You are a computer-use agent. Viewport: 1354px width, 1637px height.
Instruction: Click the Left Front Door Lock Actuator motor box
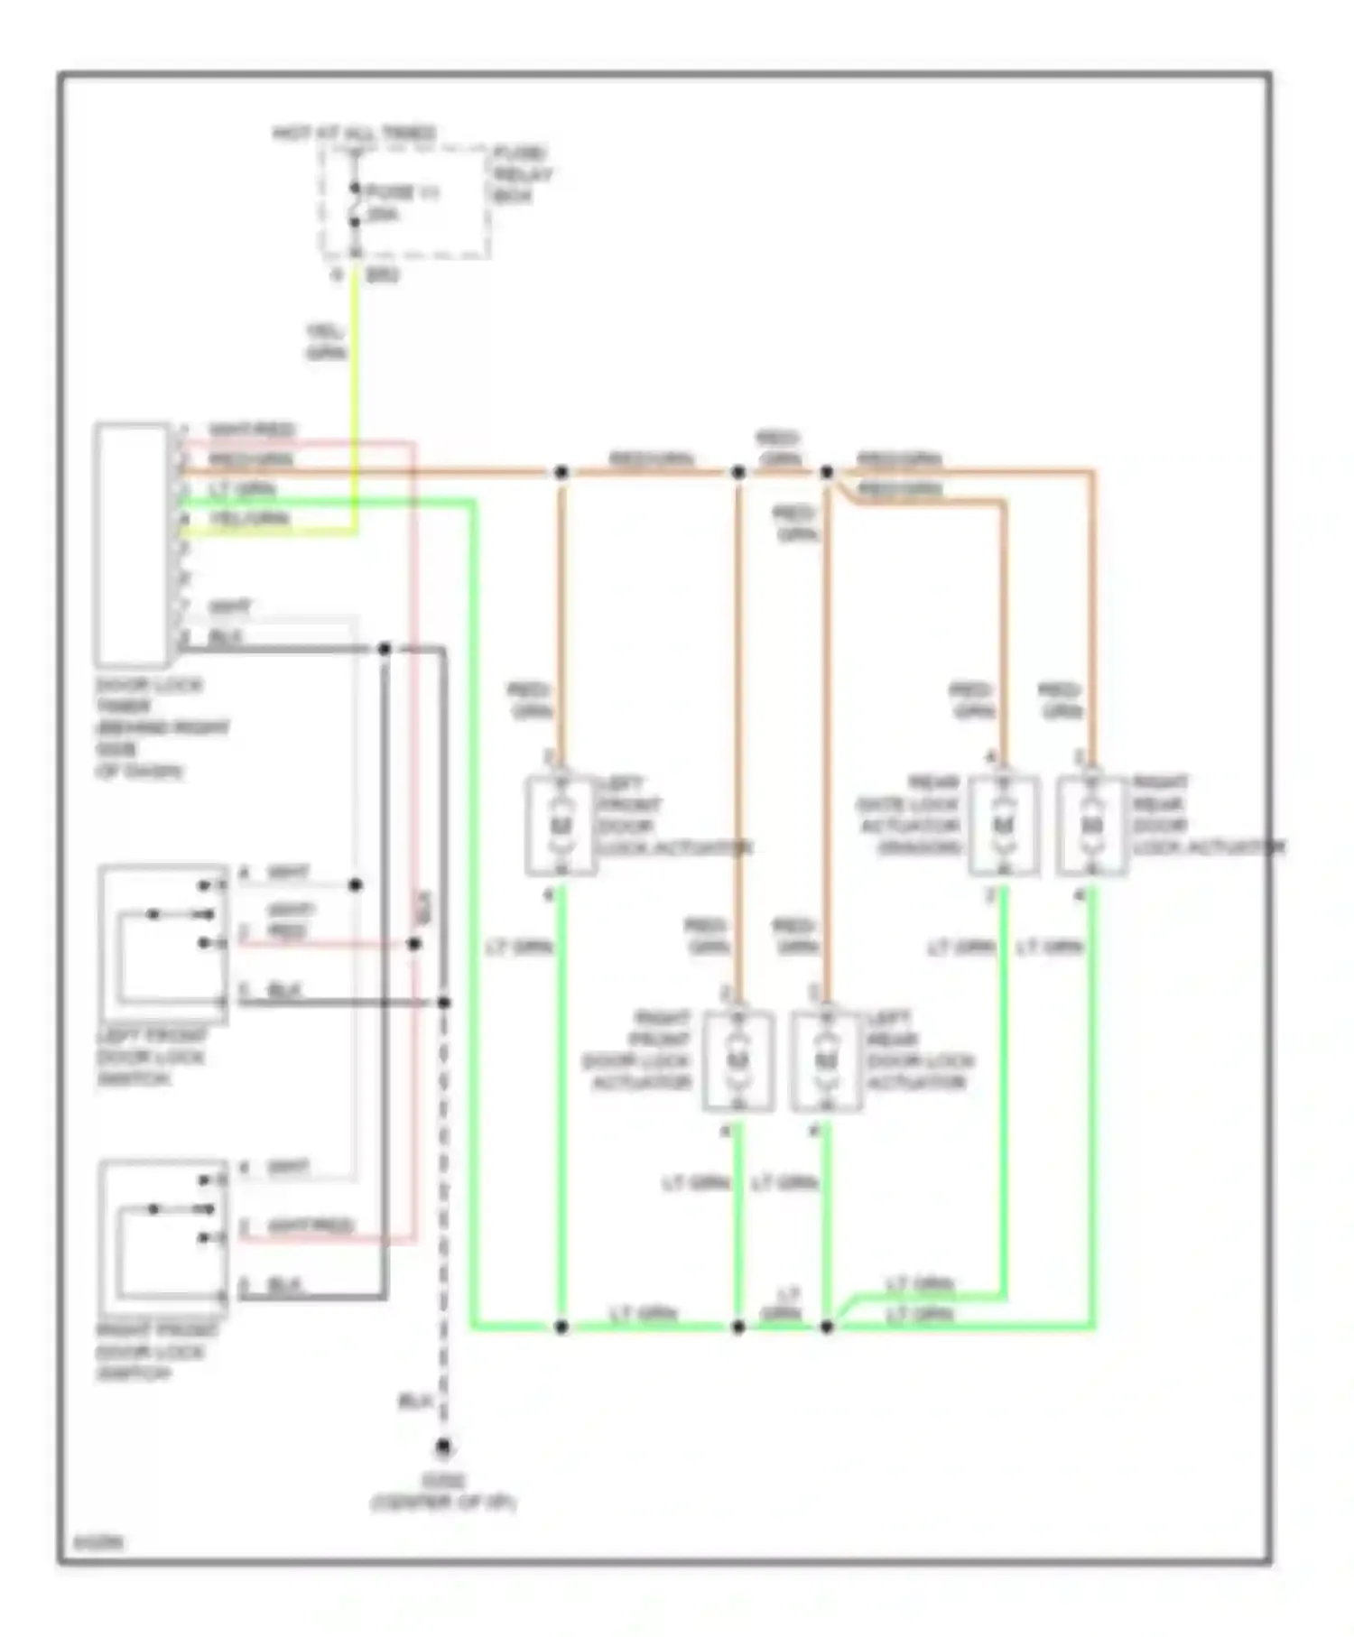561,825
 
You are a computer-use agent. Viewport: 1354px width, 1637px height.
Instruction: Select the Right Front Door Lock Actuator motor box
738,1060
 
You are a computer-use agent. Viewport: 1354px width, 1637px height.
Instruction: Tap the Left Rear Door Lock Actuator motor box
826,1060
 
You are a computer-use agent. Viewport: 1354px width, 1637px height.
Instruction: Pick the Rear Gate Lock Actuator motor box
1003,825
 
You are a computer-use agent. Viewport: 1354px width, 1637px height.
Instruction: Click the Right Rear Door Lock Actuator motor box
1091,825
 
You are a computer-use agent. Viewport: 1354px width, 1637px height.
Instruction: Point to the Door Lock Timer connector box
132,544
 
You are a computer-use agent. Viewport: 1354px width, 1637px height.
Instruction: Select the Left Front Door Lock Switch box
163,944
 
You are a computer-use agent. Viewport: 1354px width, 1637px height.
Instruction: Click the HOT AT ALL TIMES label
354,134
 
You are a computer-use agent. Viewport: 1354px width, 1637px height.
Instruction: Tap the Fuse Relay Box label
522,174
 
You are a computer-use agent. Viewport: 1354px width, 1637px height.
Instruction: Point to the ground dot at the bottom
443,1447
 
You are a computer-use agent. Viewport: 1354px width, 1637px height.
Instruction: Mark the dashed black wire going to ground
443,1218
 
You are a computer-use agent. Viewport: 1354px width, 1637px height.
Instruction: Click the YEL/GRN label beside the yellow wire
326,343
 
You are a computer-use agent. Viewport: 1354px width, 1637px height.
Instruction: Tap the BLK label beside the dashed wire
413,1401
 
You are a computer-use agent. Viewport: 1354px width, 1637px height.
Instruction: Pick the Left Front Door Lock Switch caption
151,1057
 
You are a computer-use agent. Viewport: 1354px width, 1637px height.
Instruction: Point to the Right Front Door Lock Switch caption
155,1351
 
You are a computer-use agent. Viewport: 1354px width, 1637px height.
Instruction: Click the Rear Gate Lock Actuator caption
910,815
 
